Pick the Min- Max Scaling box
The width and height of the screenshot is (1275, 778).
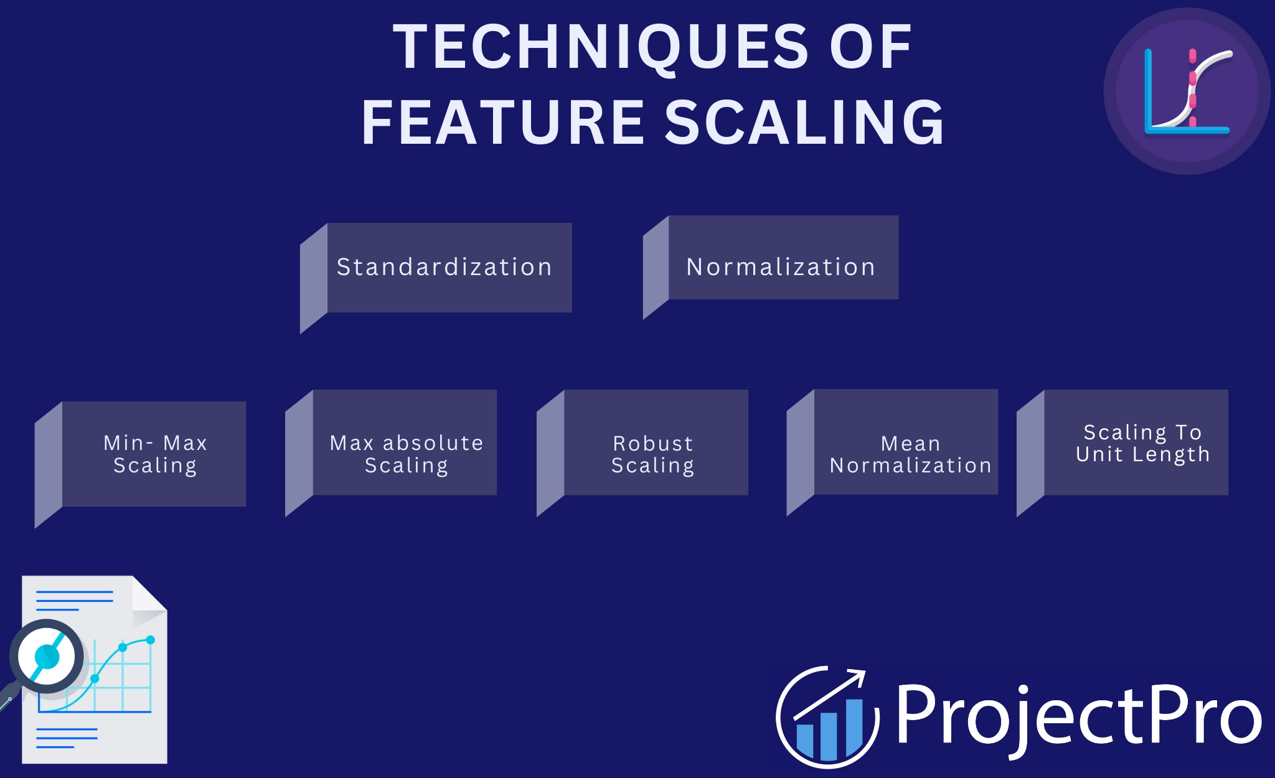[154, 454]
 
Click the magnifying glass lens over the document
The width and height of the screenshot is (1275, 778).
[47, 656]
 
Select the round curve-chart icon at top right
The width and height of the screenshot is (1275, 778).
[1187, 91]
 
